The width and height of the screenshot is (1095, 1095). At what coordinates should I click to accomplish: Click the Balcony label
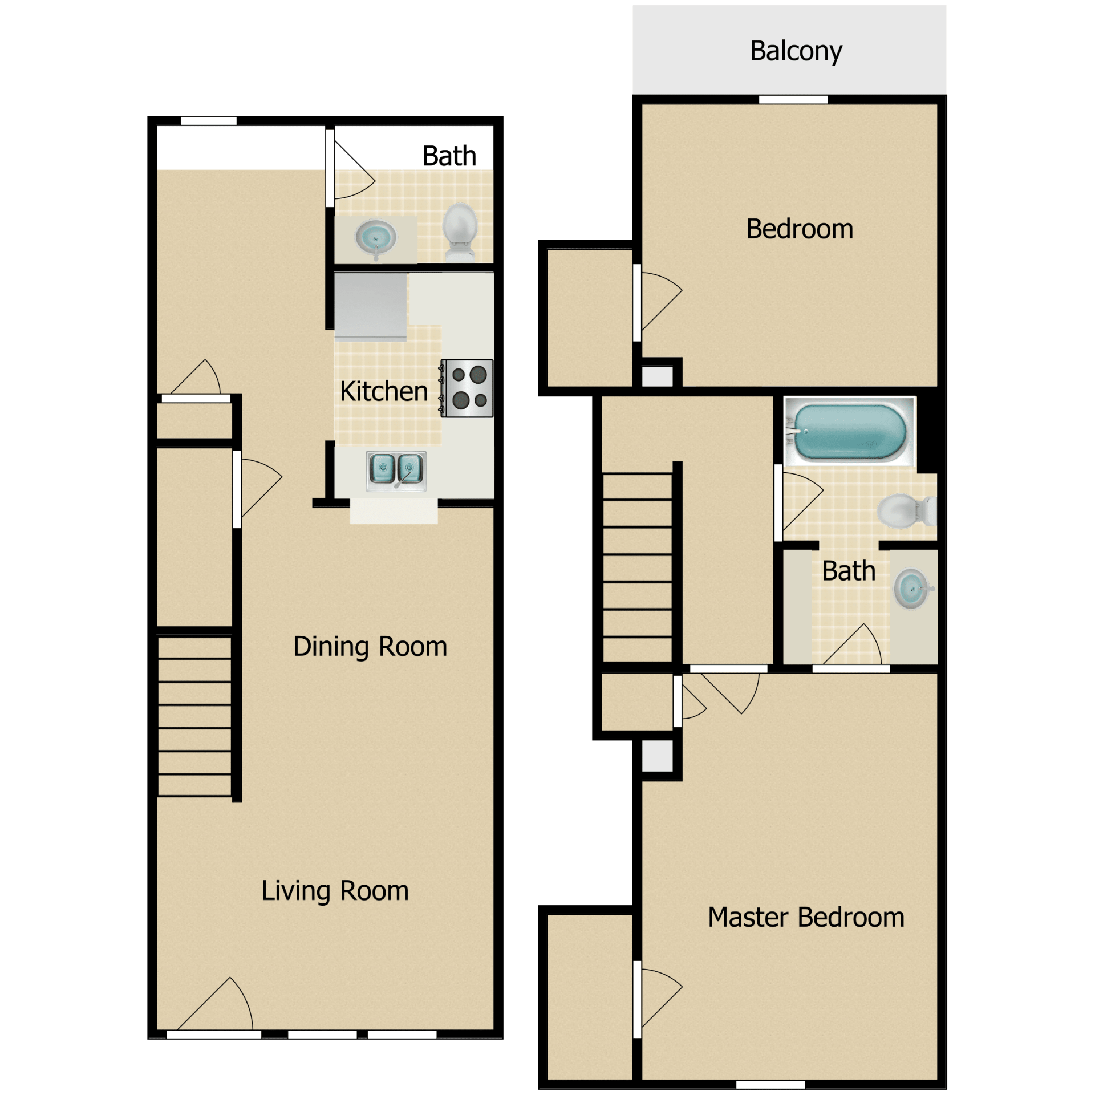(796, 51)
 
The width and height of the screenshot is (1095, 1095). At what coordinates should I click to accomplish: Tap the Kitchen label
(384, 391)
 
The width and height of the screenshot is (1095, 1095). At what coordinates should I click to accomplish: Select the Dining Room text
(370, 647)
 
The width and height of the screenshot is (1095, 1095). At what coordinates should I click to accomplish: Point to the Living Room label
(335, 891)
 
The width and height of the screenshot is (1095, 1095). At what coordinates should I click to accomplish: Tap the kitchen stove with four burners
(467, 388)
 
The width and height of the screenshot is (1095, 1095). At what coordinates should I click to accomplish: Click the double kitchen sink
(396, 471)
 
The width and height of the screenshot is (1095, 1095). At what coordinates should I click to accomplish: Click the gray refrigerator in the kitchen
(371, 306)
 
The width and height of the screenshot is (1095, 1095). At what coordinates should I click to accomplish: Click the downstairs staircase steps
(194, 716)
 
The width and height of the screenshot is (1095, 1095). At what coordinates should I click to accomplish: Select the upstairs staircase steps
(638, 567)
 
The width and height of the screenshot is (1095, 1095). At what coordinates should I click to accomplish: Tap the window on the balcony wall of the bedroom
(793, 100)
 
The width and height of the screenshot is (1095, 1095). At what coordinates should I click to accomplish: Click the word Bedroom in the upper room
(800, 229)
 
